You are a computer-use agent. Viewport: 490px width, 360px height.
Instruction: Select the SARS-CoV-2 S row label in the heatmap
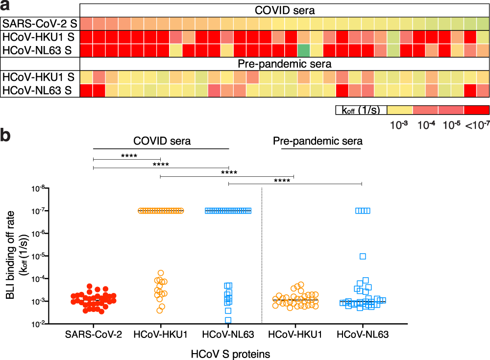[39, 24]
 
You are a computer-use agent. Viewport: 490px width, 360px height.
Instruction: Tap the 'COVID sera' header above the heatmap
[284, 10]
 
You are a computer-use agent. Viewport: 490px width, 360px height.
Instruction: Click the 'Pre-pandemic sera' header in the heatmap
[284, 64]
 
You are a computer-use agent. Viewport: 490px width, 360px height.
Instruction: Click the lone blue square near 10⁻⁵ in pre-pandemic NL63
[363, 256]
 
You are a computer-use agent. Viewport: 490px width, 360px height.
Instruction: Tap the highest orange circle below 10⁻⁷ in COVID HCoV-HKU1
[160, 273]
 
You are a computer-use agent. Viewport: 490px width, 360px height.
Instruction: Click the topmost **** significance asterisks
[129, 156]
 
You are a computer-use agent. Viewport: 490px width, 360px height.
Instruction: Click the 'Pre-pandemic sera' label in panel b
[318, 142]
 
